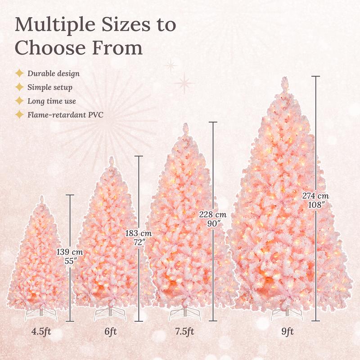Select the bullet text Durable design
(53, 73)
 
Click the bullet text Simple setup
(49, 87)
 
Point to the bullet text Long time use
(51, 101)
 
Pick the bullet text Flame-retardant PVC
(65, 115)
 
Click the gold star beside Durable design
(19, 73)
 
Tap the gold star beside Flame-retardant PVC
(19, 115)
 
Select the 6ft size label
(110, 332)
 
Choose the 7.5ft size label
(184, 332)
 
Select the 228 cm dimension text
(213, 215)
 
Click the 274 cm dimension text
(316, 196)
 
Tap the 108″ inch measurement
(316, 205)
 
